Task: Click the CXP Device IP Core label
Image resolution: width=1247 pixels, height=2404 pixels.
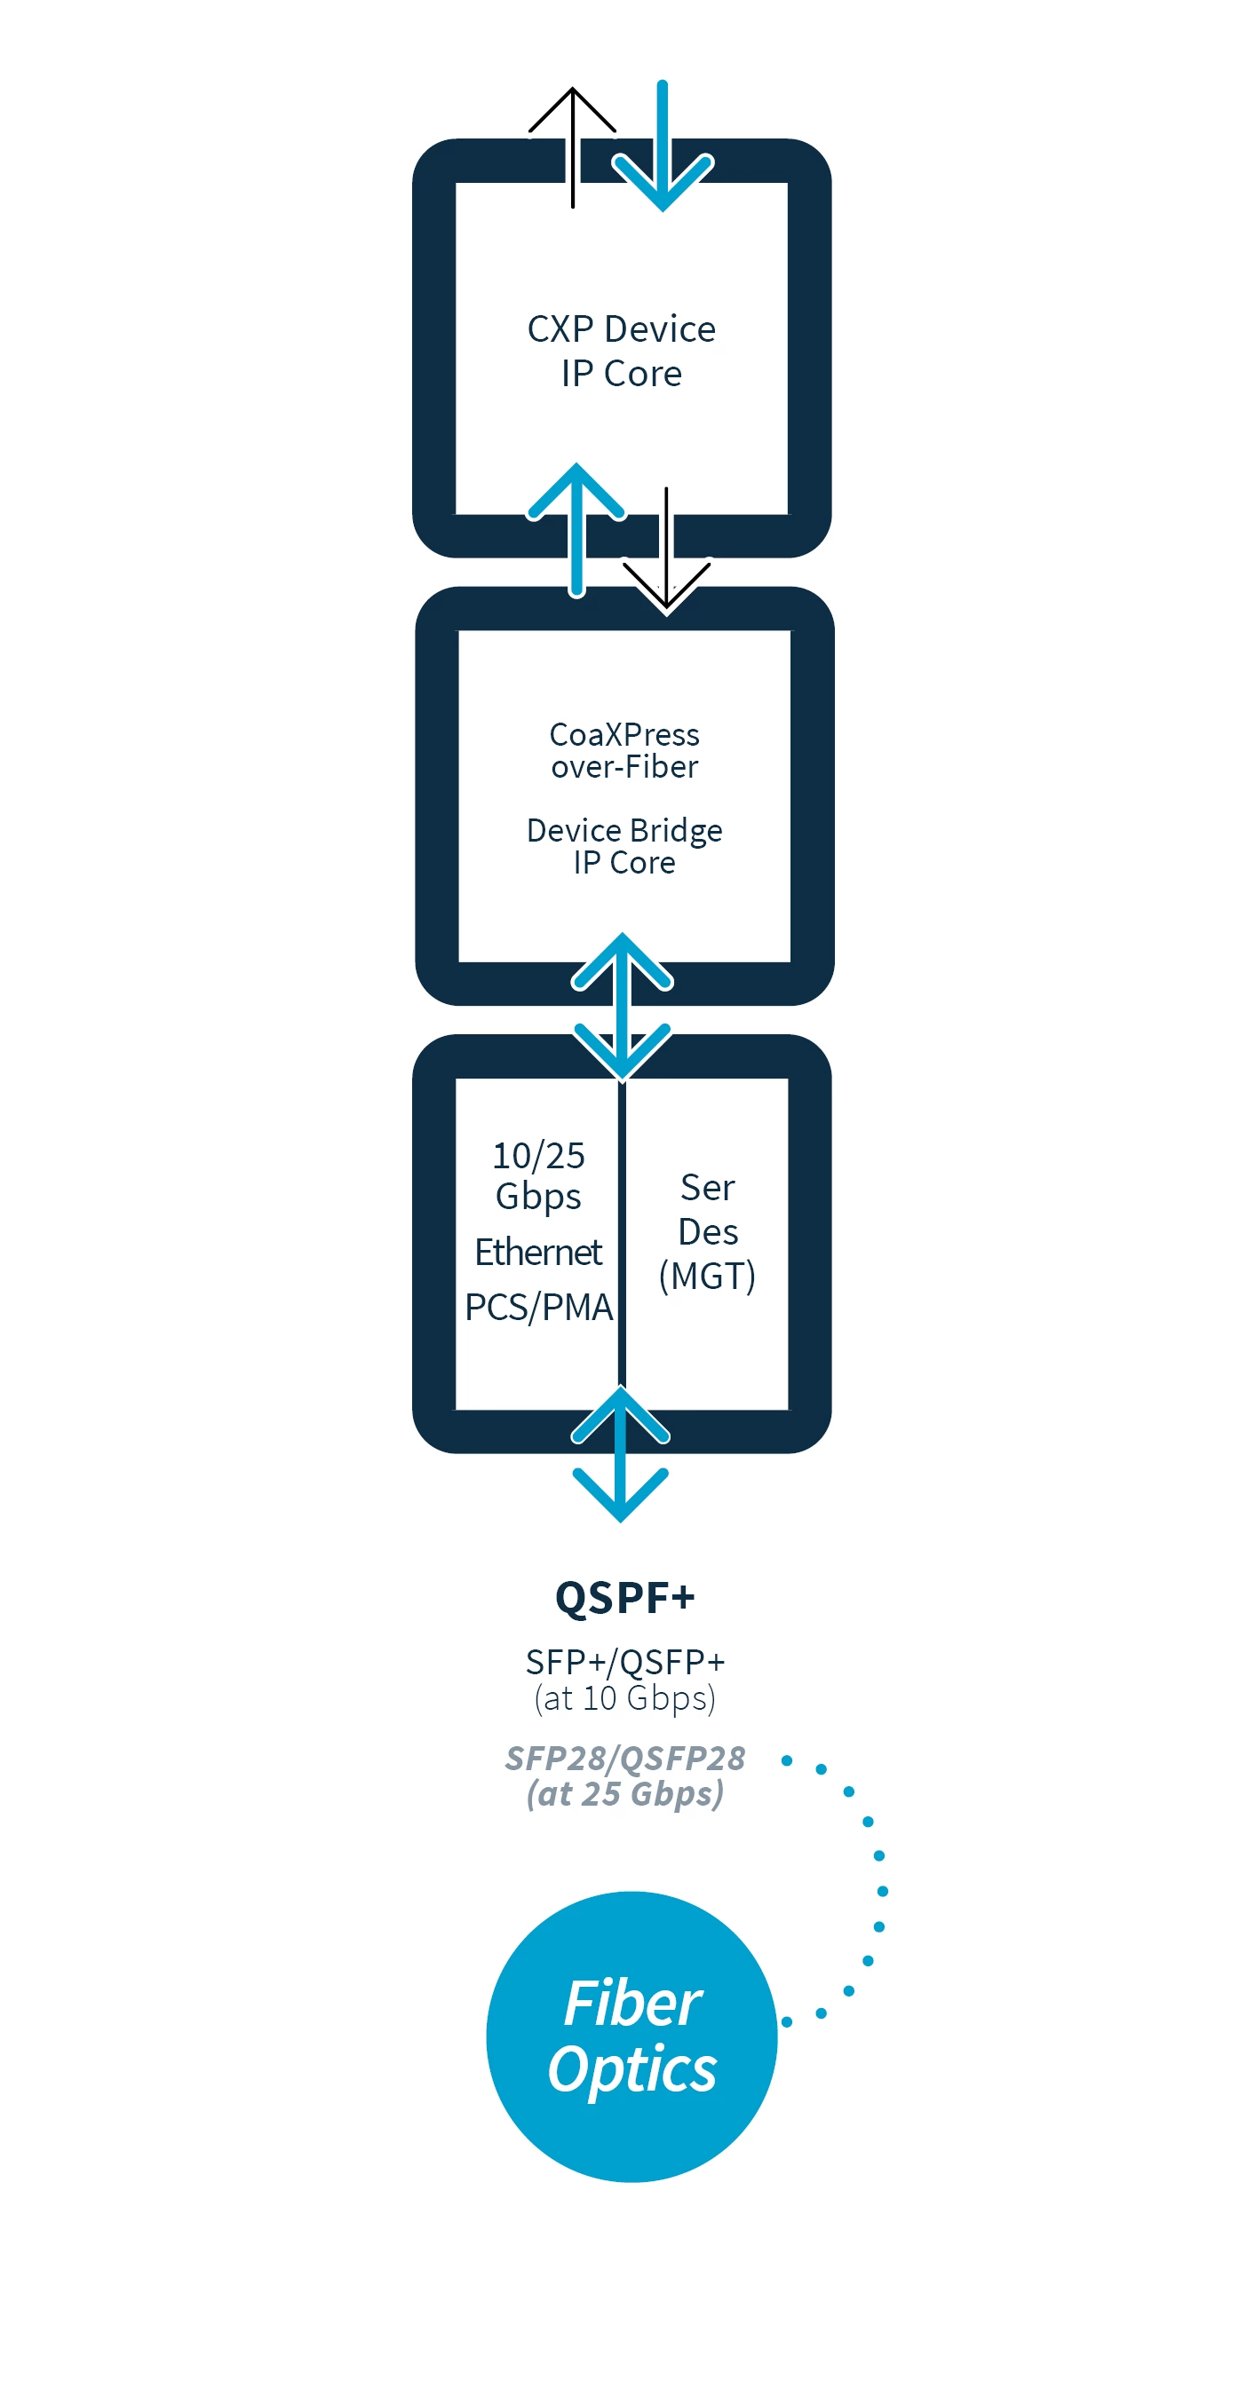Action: click(621, 351)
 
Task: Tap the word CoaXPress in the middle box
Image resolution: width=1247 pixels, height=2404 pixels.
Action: click(623, 734)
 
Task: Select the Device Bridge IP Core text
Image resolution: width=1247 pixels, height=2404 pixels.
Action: click(623, 845)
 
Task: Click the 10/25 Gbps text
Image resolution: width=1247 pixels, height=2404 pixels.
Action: click(537, 1175)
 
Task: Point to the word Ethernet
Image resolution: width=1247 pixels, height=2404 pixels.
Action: click(537, 1252)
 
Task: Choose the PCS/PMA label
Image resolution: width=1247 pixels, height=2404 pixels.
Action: click(538, 1307)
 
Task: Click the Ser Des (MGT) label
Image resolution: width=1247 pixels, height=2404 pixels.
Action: click(708, 1231)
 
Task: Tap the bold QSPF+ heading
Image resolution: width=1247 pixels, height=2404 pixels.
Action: click(624, 1597)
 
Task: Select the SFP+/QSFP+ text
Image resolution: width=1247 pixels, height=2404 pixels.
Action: click(624, 1662)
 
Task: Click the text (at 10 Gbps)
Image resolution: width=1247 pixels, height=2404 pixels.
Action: click(624, 1697)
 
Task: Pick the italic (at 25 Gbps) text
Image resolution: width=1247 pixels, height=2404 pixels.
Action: click(624, 1793)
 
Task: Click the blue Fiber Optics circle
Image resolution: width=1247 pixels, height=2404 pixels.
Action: click(631, 2036)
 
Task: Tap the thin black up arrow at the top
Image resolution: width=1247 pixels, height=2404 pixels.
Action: click(572, 140)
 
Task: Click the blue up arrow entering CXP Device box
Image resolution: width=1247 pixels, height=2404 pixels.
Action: click(576, 527)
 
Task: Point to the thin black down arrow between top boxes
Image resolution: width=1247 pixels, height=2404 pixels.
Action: click(666, 550)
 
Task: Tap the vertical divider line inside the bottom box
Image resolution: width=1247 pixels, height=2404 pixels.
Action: click(622, 1232)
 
